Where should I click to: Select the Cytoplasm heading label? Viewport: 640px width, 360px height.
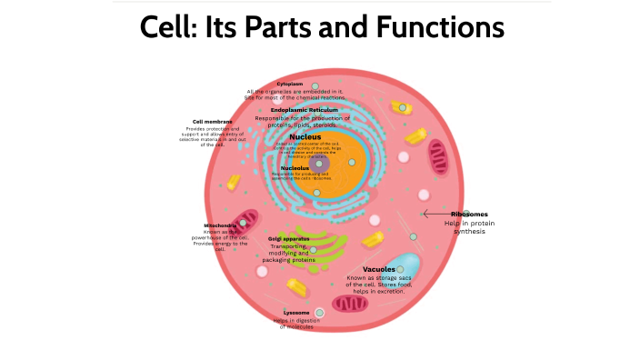click(x=290, y=84)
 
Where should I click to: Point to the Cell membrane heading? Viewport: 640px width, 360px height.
click(x=212, y=121)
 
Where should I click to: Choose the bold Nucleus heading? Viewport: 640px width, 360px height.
click(x=305, y=137)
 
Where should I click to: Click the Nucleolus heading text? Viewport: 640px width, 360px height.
click(x=294, y=168)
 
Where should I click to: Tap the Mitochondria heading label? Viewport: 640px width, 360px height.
click(x=220, y=225)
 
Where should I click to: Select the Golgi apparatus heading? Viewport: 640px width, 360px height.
click(x=288, y=238)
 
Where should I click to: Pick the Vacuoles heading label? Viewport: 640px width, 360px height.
click(x=378, y=270)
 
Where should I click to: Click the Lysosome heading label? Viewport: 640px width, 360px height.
click(x=296, y=313)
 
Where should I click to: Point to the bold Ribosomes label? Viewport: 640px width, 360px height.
click(x=469, y=215)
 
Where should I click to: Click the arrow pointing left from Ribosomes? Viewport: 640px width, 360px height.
click(x=437, y=215)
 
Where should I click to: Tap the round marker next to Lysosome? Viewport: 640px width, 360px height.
click(x=319, y=313)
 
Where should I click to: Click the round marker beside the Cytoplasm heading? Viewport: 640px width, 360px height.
click(x=315, y=85)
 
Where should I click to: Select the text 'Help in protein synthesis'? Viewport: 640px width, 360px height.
click(x=469, y=227)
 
